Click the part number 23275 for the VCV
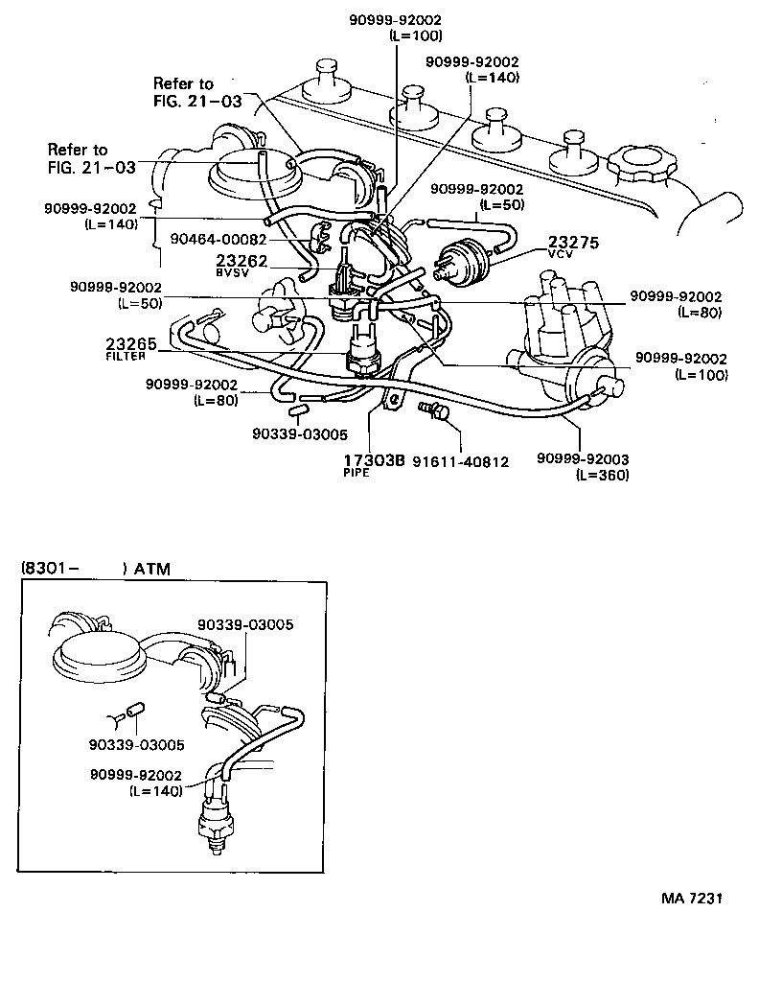click(573, 243)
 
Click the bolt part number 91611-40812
click(460, 461)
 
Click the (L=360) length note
click(602, 475)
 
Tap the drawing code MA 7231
click(690, 900)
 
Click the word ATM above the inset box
click(151, 569)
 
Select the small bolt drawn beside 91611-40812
click(434, 411)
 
